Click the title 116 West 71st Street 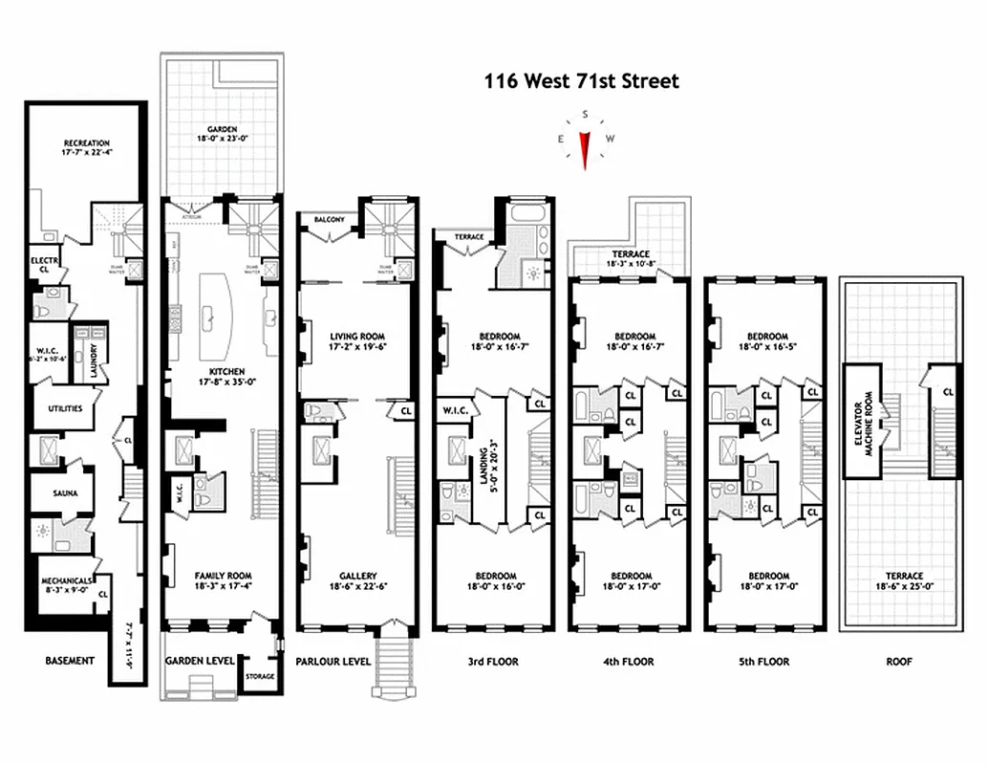pos(582,81)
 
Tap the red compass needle pos(585,146)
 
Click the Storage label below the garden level pos(260,677)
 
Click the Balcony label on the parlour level pos(316,220)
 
